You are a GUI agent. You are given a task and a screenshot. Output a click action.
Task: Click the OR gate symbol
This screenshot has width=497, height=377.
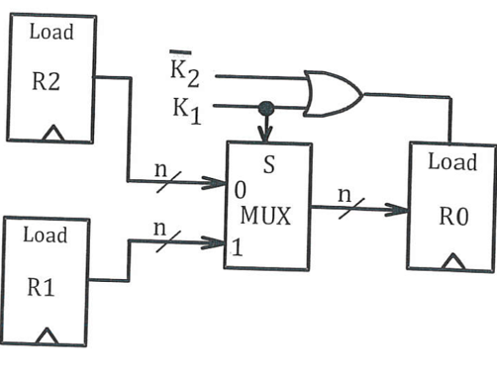[333, 93]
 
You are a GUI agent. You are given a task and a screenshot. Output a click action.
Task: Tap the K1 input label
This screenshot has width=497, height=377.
[187, 107]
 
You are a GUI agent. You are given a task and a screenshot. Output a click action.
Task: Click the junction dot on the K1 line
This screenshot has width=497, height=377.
[265, 107]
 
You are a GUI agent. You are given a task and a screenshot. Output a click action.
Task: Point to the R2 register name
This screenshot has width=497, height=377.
[49, 81]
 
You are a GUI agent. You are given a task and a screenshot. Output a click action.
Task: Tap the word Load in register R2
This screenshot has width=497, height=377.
[50, 32]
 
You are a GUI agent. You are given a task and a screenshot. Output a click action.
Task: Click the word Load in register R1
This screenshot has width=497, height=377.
[46, 236]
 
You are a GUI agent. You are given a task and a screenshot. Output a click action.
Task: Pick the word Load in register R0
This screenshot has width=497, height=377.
[451, 162]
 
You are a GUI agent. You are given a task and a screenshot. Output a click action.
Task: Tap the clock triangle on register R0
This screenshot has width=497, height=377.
[454, 261]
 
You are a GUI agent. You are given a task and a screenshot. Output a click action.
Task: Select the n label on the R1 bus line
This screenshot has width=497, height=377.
[160, 227]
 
